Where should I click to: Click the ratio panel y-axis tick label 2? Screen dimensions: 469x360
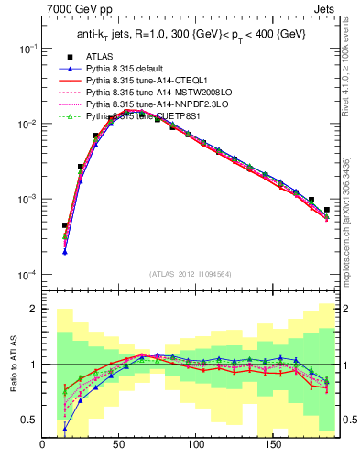tap(31, 310)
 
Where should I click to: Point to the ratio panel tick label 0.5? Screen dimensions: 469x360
tap(27, 420)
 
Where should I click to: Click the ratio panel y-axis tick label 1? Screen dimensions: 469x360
tap(31, 365)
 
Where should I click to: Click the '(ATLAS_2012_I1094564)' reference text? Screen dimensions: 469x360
tap(189, 273)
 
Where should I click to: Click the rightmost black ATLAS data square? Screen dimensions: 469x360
tap(327, 210)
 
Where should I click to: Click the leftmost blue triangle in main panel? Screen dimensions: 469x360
tap(65, 252)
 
